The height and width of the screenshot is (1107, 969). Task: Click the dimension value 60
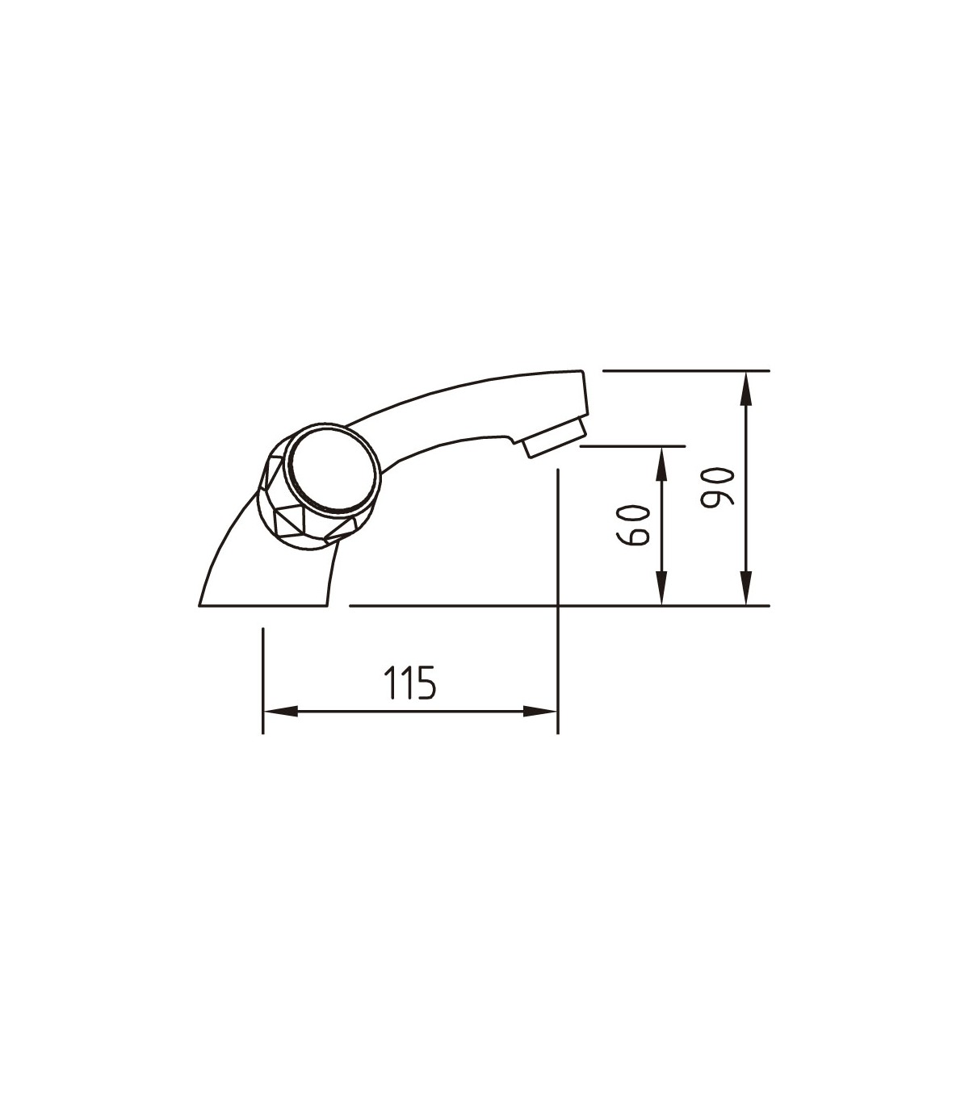632,525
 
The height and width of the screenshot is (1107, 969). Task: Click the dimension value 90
716,487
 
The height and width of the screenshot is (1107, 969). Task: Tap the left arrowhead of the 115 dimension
280,712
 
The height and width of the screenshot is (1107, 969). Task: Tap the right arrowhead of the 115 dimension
539,712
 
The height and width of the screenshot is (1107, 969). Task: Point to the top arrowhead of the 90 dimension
746,388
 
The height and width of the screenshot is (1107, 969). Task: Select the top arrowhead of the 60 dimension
661,464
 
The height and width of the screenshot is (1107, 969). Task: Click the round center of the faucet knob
331,469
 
